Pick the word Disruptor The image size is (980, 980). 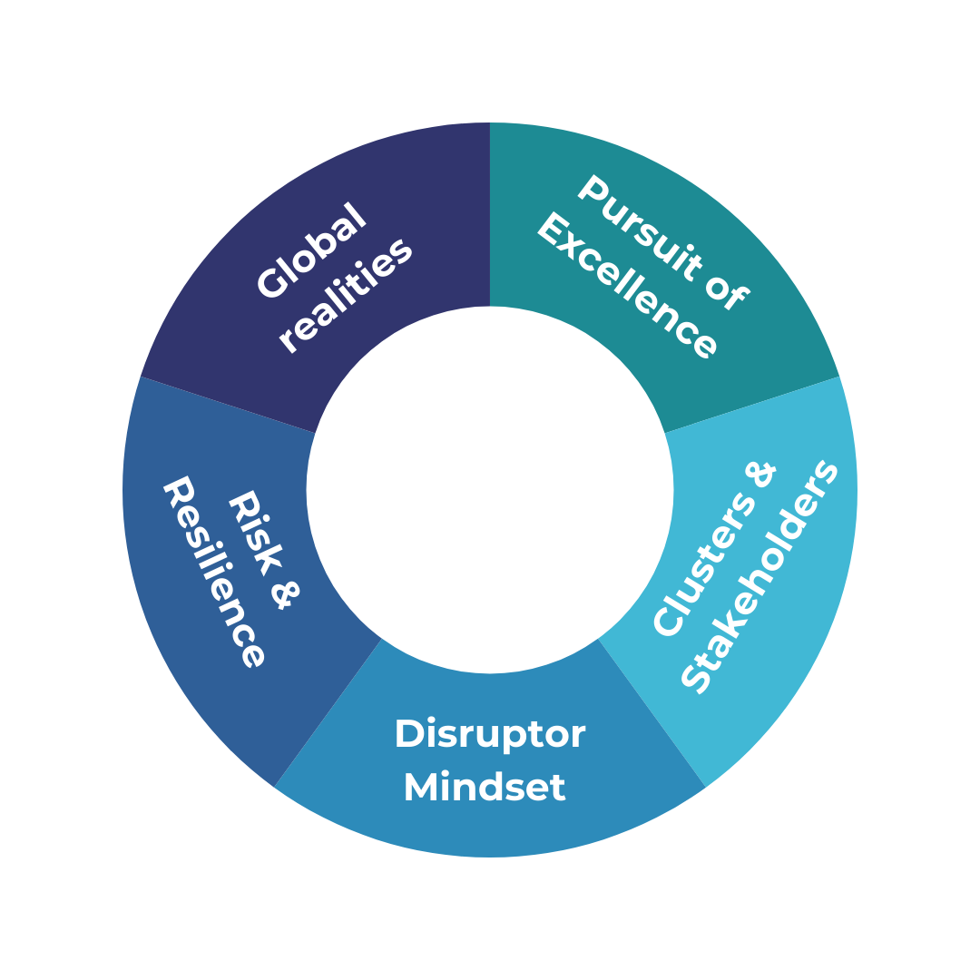(490, 734)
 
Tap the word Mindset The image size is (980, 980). (485, 787)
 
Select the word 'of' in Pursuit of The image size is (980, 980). (726, 294)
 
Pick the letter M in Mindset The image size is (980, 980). (420, 787)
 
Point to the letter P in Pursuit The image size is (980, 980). (593, 190)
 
